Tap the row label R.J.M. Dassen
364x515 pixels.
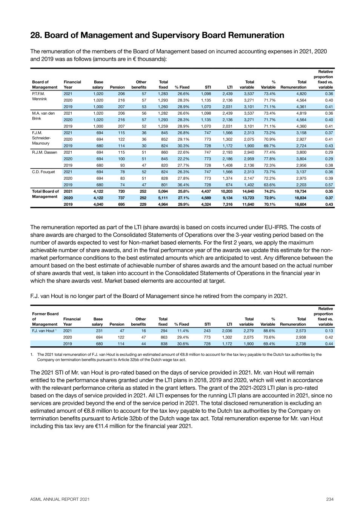coord(44,152)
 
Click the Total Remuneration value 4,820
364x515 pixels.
coord(300,94)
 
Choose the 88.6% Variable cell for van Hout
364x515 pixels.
coord(269,331)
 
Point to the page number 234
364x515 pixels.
coord(330,499)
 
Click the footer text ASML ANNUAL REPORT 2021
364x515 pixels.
coord(60,499)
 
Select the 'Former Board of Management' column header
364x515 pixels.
coord(45,319)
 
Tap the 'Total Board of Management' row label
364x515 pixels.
coord(45,194)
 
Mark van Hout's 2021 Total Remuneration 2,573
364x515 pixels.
coord(300,331)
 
